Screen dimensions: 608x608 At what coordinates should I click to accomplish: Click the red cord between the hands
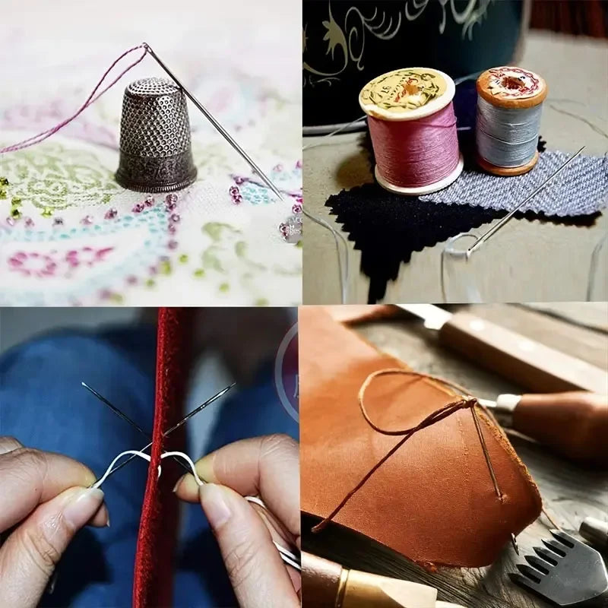156,471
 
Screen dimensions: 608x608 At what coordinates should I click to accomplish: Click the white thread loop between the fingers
144,456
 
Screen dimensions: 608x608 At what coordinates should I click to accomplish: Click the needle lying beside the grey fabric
524,201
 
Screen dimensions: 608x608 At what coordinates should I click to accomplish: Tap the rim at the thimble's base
156,181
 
